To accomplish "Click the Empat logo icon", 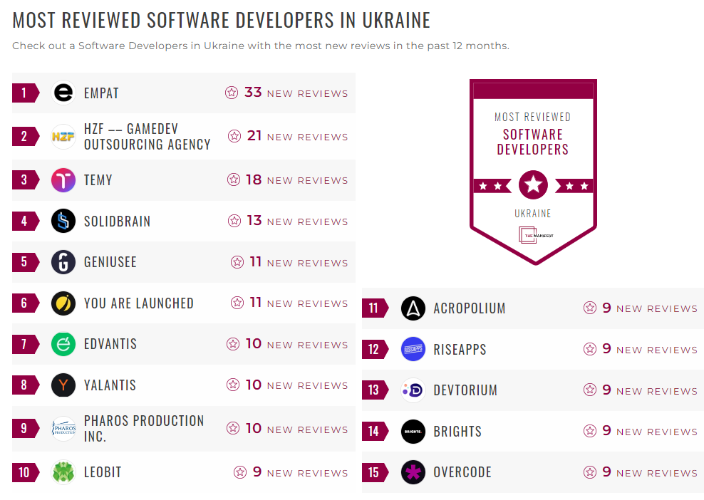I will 63,93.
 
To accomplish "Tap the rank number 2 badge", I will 24,136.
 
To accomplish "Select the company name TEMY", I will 98,180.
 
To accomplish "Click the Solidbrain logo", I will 63,221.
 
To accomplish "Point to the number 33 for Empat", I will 253,93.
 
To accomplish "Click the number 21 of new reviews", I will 254,136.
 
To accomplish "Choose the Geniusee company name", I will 110,262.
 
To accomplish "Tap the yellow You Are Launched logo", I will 63,303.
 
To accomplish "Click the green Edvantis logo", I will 63,344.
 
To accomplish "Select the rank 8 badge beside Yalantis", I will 24,385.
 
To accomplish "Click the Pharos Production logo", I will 63,428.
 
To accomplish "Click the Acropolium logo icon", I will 413,308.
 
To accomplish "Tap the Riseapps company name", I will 460,350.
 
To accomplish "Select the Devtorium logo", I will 413,390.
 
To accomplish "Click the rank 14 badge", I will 374,432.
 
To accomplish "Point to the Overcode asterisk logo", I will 413,472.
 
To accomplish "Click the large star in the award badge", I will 533,185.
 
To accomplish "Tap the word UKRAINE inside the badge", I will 533,213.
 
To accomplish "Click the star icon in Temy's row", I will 233,180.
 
